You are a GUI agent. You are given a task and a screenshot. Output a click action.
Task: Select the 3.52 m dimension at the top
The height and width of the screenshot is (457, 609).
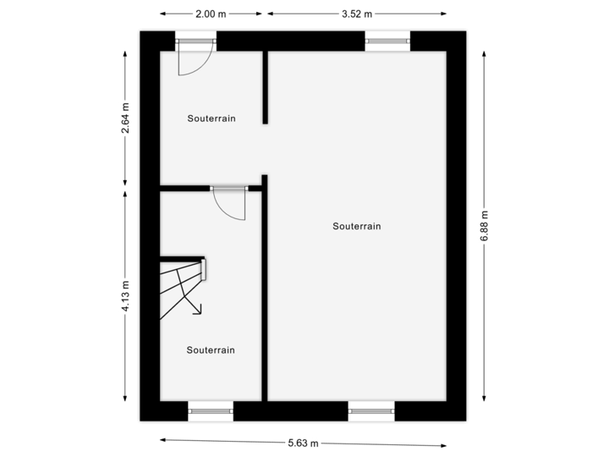[x=356, y=14]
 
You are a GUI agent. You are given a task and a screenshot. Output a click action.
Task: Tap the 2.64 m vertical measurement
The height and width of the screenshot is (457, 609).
[x=126, y=118]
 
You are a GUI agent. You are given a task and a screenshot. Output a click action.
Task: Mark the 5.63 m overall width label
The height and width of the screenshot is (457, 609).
[x=304, y=443]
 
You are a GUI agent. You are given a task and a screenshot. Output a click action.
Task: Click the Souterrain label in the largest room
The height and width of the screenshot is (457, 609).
[x=357, y=226]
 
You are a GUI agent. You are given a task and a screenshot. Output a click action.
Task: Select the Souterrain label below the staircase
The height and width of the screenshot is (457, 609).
[x=211, y=350]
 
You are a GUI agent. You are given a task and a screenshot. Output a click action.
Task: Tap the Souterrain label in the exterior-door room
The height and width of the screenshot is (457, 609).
[x=211, y=118]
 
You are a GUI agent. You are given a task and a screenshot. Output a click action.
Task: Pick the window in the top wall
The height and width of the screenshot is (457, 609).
[x=387, y=38]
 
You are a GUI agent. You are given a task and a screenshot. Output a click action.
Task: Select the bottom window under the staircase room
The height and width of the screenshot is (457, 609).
[x=210, y=410]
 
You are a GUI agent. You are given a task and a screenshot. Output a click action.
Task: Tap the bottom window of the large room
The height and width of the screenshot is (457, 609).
[x=371, y=410]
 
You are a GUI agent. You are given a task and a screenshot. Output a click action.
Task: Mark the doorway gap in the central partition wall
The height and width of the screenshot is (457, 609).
[x=265, y=150]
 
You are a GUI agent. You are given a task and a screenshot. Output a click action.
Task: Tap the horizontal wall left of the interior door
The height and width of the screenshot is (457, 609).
[x=185, y=188]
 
